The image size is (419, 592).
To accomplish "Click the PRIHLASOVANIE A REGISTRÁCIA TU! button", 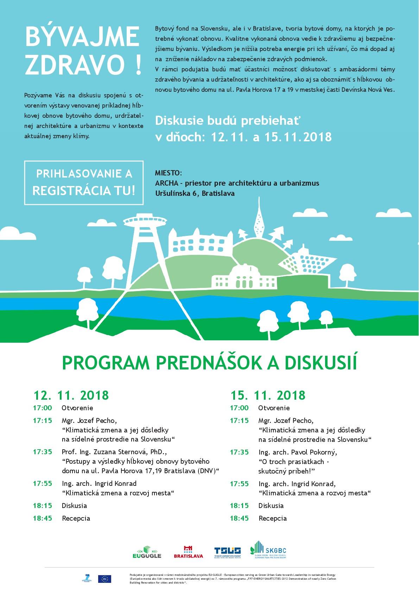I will tap(84, 182).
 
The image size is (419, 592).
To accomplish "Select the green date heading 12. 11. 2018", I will tap(71, 395).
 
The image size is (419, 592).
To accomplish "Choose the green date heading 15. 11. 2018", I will tap(268, 395).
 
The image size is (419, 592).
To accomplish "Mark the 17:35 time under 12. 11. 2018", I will tap(42, 452).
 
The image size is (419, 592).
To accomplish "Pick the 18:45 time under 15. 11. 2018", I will tap(239, 518).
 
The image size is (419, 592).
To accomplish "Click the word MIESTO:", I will tap(169, 173).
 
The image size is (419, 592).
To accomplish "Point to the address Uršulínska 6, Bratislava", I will tap(195, 193).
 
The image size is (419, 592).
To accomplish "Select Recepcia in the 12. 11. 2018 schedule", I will tap(76, 518).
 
